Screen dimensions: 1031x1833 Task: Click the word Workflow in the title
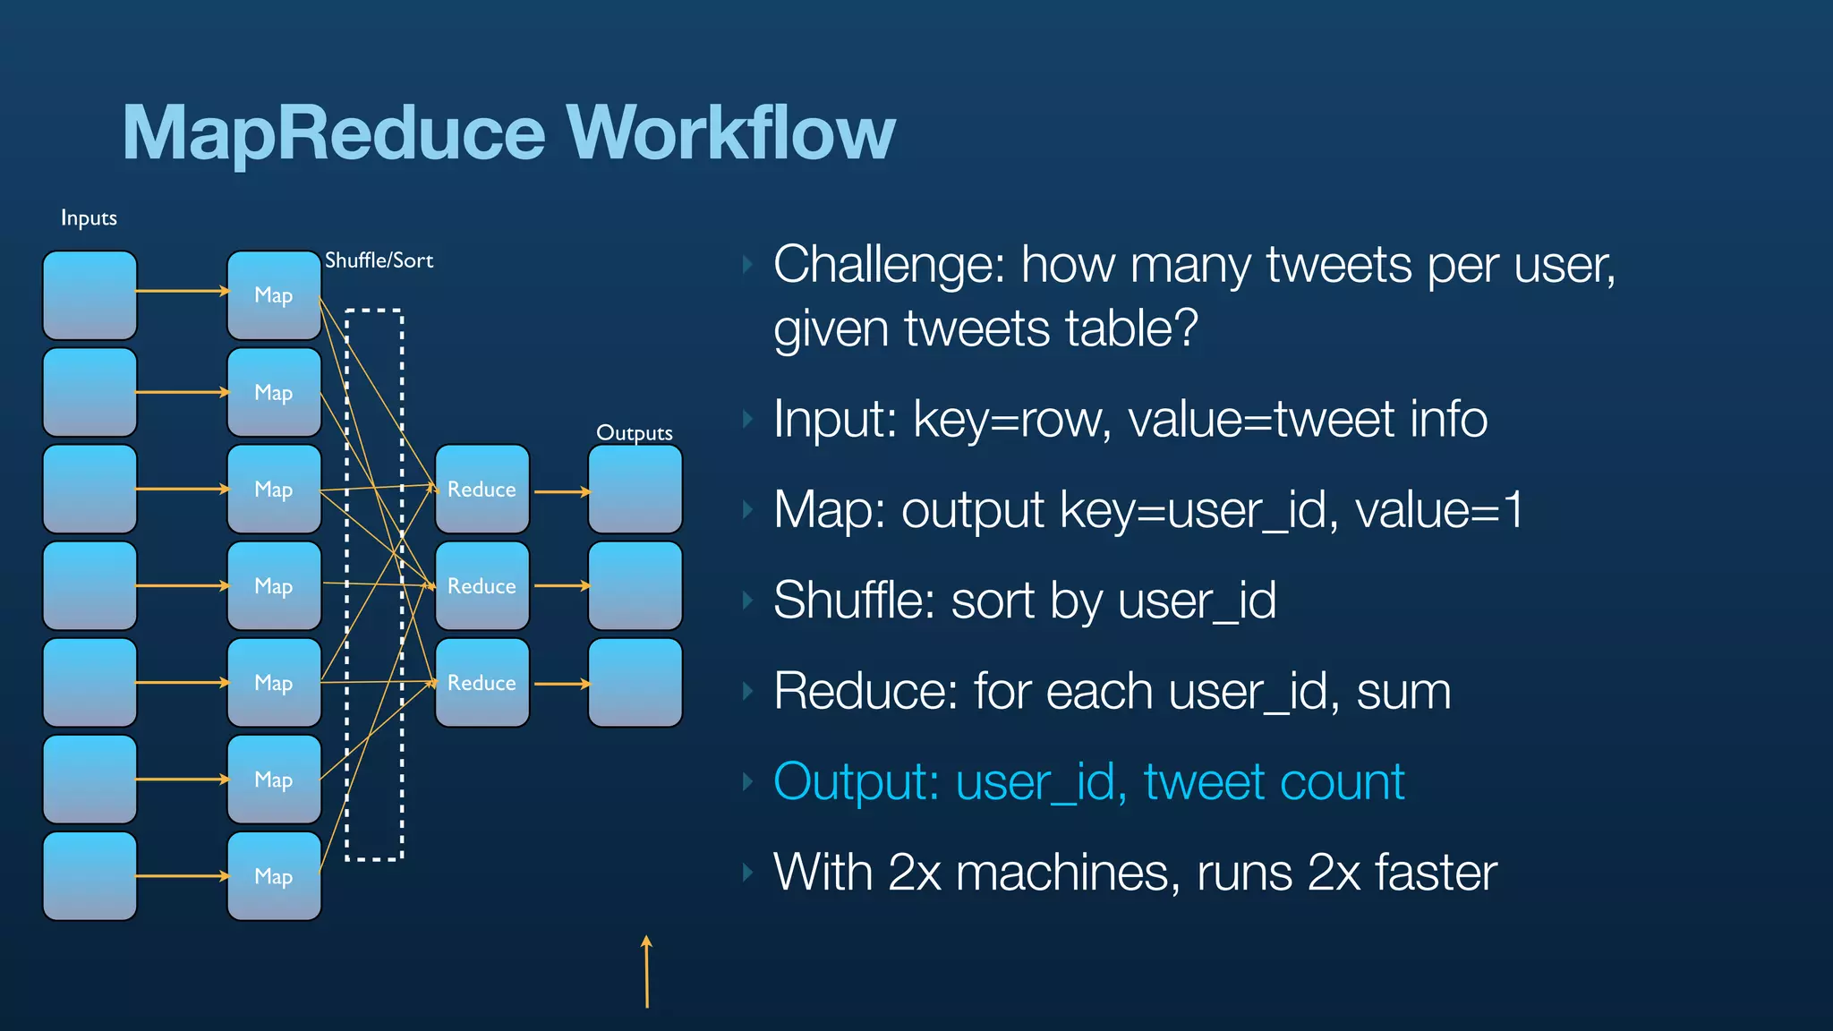[730, 133]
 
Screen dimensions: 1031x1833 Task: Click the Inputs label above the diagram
[89, 218]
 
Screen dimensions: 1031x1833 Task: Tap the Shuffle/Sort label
[379, 260]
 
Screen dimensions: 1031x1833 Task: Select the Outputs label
[635, 433]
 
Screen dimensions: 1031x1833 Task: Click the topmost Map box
[274, 295]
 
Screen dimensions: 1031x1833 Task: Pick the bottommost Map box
[274, 876]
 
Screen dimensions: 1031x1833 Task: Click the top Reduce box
[482, 490]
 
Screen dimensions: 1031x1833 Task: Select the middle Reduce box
[482, 586]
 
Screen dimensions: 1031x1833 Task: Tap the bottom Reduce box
[482, 683]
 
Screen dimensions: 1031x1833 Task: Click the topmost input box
[90, 295]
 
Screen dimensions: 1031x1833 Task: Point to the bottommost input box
[90, 876]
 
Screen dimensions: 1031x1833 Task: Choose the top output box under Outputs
[635, 490]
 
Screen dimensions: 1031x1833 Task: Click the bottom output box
[635, 683]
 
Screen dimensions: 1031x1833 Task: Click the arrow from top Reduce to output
[562, 491]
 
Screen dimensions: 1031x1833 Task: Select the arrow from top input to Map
[183, 291]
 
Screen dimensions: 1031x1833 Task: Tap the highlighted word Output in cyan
[855, 782]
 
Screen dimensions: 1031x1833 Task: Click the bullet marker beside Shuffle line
[747, 601]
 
